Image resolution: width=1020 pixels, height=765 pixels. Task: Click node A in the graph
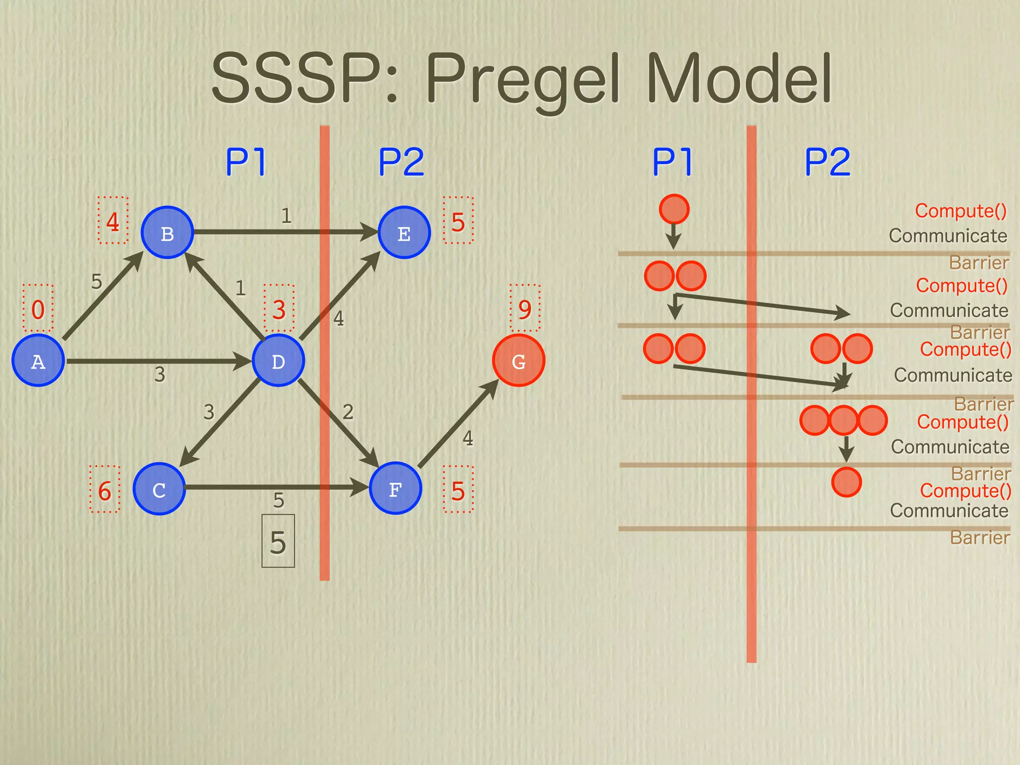click(38, 361)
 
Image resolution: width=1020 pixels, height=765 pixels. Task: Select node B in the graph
click(167, 233)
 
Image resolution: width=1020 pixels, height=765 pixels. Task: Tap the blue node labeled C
click(159, 489)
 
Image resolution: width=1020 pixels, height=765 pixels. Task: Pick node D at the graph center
click(278, 361)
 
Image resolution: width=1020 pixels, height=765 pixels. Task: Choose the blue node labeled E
click(404, 233)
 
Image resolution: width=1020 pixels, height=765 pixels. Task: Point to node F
click(395, 489)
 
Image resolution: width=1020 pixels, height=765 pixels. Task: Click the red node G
click(518, 361)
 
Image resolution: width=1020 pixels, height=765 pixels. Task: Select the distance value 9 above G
click(525, 309)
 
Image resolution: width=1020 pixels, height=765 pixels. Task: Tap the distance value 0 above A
click(38, 309)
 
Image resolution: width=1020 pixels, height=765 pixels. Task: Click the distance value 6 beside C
click(105, 491)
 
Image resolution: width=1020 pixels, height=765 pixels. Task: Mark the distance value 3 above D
click(279, 309)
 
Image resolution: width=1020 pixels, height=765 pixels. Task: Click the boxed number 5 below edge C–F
click(278, 542)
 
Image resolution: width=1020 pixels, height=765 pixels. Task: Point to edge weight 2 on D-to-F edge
click(348, 412)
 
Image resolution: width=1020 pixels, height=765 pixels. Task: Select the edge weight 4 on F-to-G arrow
click(468, 438)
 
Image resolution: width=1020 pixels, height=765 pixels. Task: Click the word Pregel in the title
click(523, 80)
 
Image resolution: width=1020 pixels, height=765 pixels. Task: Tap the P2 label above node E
click(401, 162)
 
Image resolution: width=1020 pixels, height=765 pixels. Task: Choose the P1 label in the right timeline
click(672, 162)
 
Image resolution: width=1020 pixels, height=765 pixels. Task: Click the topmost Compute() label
click(961, 211)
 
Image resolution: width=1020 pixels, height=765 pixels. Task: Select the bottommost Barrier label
click(979, 537)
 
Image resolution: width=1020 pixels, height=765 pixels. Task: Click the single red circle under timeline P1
click(674, 209)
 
